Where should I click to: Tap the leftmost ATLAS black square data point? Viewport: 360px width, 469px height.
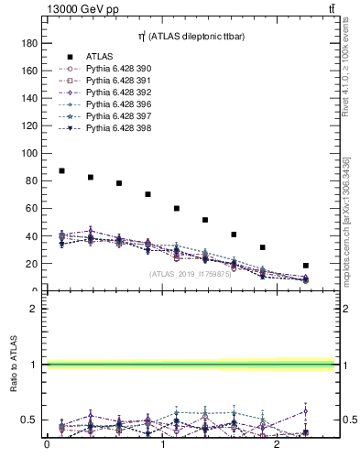(61, 171)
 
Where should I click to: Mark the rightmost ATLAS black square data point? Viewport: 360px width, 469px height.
(306, 266)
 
